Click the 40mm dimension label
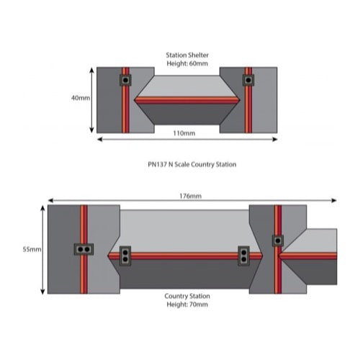[81, 98]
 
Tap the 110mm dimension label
[184, 133]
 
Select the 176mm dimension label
[191, 196]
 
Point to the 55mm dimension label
[32, 249]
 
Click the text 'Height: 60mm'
[187, 63]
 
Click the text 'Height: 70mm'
[187, 305]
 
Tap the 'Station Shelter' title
[187, 55]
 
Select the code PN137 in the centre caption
[157, 164]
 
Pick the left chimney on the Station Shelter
[125, 80]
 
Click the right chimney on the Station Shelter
[248, 80]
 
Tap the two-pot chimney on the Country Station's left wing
[84, 249]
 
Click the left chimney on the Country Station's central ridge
[125, 256]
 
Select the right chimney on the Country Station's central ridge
[244, 256]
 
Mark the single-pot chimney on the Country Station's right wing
[278, 240]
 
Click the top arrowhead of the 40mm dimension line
[91, 70]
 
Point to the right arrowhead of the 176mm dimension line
[334, 200]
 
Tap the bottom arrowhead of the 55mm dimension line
[42, 292]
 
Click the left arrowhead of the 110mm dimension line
[100, 140]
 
